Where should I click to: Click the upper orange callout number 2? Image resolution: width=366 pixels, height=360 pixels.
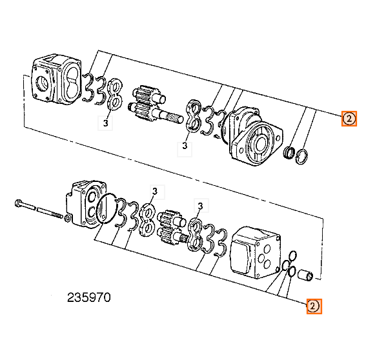349,119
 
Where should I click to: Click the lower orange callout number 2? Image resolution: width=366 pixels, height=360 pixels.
313,306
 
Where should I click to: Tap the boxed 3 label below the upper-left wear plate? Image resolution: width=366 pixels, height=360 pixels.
105,122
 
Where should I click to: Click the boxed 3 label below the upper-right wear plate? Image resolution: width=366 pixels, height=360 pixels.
185,147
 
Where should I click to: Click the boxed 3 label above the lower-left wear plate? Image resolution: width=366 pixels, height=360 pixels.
155,191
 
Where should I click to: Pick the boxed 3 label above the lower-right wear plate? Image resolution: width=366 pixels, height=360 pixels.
200,206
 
